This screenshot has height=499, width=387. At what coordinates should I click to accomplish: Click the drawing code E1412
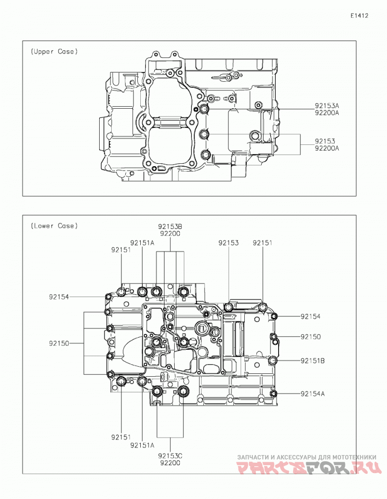point(359,15)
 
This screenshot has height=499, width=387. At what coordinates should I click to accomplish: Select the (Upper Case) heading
point(54,52)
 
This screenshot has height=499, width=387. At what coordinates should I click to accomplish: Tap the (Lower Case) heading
point(54,226)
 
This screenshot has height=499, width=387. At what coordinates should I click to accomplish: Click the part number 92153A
point(327,106)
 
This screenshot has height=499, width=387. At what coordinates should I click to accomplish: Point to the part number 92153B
point(170,227)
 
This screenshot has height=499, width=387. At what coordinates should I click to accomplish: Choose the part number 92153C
point(170,456)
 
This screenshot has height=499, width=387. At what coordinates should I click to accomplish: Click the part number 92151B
point(313,361)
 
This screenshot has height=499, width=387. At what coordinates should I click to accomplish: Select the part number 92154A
point(313,394)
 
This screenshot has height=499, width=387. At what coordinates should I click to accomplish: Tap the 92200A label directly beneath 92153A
point(327,113)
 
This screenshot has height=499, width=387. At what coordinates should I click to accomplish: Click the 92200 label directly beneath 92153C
point(170,463)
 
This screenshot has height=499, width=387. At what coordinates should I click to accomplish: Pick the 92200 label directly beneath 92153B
point(170,234)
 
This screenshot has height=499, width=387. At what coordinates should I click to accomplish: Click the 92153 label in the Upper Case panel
point(325,141)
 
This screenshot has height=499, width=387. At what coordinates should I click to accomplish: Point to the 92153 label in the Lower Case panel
point(228,243)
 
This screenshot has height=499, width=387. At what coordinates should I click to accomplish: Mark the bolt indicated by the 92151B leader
point(272,360)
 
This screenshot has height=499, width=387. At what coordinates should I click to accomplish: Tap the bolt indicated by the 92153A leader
point(204,110)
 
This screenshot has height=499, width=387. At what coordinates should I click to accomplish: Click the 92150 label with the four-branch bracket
point(59,344)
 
